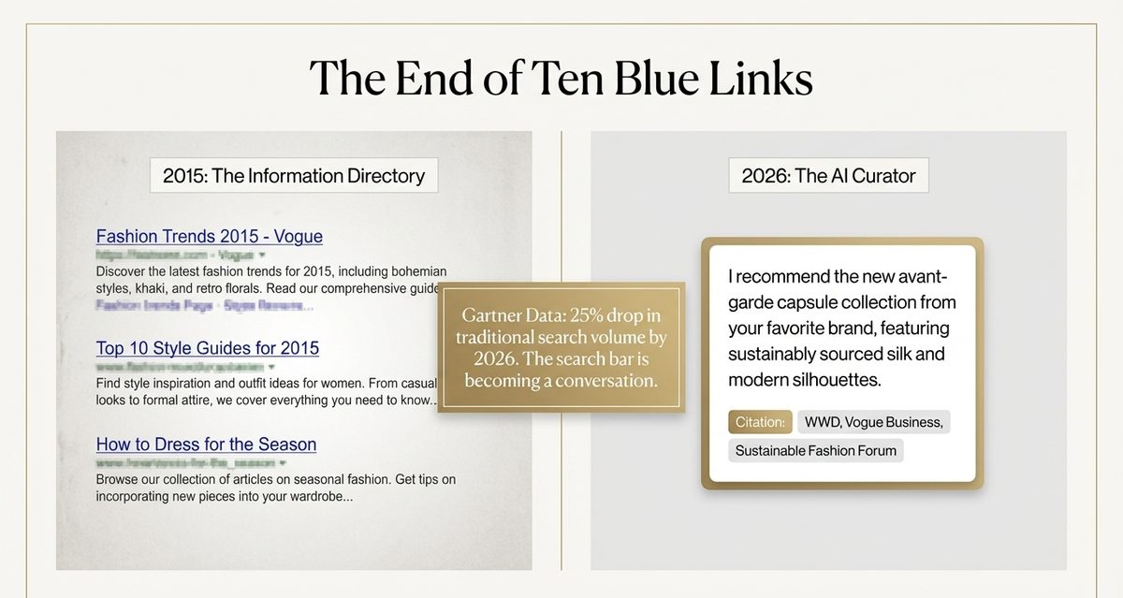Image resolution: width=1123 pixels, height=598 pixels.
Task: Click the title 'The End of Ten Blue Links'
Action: (x=561, y=79)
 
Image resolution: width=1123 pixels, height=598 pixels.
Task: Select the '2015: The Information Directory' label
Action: (x=294, y=175)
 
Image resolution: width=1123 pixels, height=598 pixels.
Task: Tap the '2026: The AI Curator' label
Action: (x=828, y=175)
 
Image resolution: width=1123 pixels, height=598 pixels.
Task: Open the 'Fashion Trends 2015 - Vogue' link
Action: (x=209, y=237)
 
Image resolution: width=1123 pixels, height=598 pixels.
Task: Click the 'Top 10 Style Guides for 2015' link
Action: (x=207, y=348)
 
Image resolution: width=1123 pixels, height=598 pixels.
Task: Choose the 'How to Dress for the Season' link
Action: (x=206, y=445)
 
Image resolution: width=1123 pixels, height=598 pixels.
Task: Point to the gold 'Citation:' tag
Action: (x=760, y=422)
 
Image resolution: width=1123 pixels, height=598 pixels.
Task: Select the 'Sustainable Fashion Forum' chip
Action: (x=815, y=451)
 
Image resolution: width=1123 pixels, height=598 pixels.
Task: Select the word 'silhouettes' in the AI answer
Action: (x=833, y=381)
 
